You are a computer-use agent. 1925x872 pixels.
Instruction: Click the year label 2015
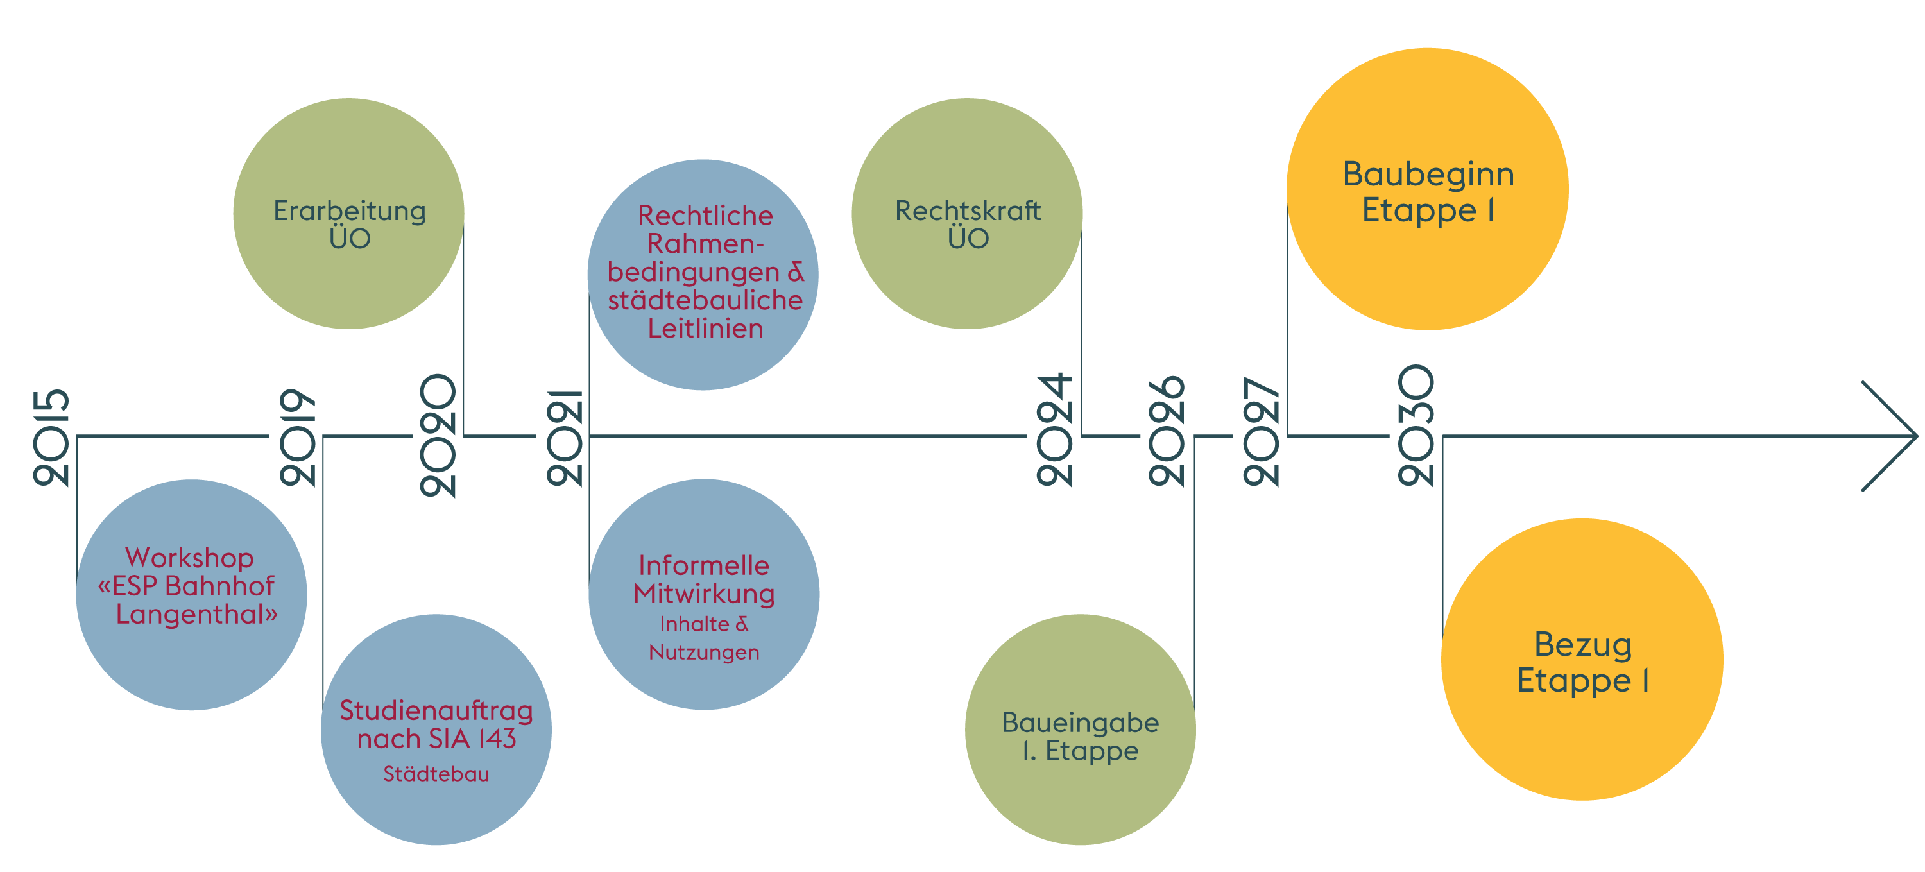point(51,438)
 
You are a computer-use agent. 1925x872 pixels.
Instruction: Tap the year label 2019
point(298,438)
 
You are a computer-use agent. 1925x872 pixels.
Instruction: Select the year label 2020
point(437,436)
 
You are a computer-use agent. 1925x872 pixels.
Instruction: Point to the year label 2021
point(564,438)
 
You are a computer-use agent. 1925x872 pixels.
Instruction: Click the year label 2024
point(1054,431)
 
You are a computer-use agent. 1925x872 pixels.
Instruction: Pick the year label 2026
point(1167,431)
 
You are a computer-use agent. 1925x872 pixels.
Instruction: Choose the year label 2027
point(1261,432)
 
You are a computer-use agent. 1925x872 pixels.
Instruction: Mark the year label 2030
point(1416,426)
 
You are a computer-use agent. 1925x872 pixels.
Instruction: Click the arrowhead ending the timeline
point(1890,436)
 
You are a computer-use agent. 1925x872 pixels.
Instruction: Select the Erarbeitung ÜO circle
point(349,214)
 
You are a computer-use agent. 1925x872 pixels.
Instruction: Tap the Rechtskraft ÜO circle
point(967,214)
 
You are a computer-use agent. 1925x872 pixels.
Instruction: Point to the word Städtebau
point(436,774)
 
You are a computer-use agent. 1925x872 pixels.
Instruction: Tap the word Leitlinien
point(705,329)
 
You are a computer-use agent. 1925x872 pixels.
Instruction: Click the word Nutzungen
point(704,653)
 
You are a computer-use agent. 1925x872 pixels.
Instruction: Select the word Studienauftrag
point(436,710)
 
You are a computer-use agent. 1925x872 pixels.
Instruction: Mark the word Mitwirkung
point(704,594)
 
